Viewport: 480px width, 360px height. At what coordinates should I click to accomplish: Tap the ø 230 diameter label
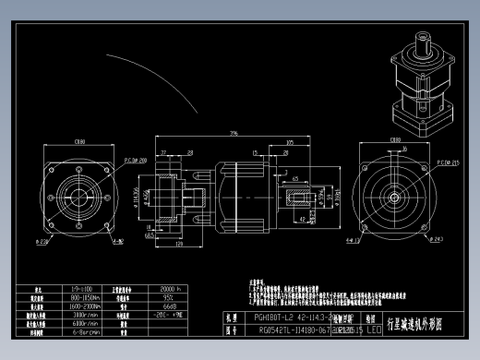click(x=43, y=241)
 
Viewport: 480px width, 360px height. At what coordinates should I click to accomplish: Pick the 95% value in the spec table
click(x=169, y=297)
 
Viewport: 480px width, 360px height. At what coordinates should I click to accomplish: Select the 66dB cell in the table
click(x=169, y=306)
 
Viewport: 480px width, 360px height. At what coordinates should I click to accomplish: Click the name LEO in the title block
click(x=373, y=328)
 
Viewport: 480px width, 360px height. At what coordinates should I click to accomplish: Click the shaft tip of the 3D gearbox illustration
click(x=425, y=39)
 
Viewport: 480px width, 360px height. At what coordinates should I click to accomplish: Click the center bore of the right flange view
click(x=395, y=197)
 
